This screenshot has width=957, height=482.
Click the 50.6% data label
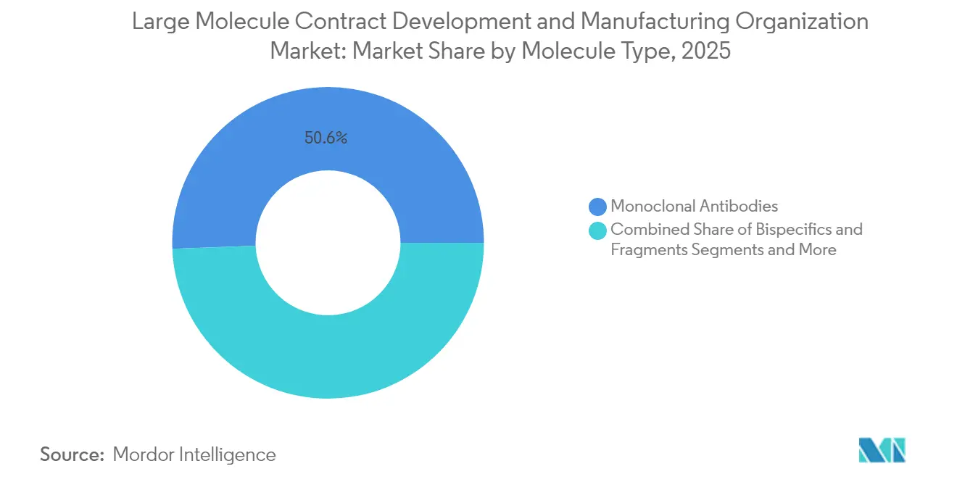[x=326, y=138]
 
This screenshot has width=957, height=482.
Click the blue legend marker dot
[x=597, y=207]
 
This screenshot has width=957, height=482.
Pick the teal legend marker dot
[x=597, y=230]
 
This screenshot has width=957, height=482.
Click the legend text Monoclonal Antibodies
[x=694, y=207]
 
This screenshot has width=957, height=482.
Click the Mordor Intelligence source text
[x=194, y=454]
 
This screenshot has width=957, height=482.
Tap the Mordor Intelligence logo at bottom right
[x=882, y=450]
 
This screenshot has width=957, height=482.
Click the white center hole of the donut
[x=328, y=243]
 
